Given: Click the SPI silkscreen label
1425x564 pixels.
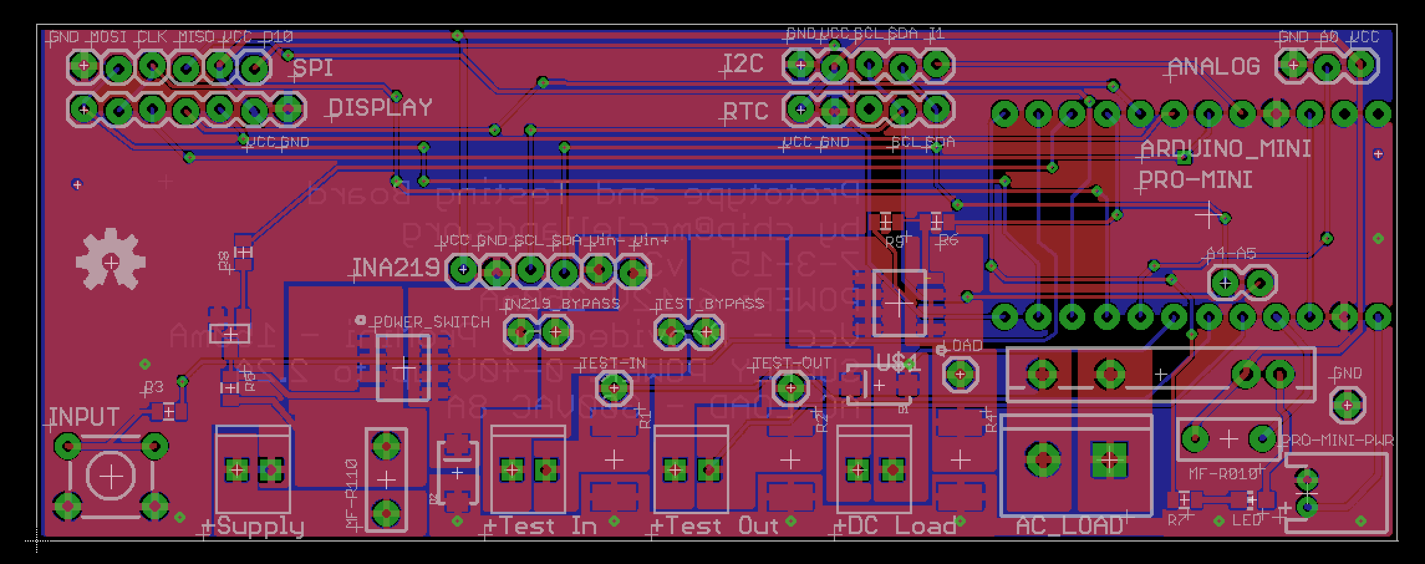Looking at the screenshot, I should coord(312,68).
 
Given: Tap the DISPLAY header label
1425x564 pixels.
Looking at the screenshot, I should coord(380,108).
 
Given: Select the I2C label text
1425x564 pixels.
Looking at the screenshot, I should coord(744,64).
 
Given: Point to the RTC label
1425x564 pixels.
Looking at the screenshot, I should coord(745,111).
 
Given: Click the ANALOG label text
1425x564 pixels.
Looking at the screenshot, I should coord(1213,67).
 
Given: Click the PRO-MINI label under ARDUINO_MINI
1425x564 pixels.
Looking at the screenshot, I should coord(1194,181).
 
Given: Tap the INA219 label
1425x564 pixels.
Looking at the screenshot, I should coord(396,268).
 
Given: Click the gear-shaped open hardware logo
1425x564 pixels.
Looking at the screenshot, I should coord(111,261).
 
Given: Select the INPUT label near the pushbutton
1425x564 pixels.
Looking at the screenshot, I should coord(84,416).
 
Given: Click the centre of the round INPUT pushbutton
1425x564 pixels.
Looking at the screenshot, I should coord(111,477).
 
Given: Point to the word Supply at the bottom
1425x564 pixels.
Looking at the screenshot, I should coord(260,527).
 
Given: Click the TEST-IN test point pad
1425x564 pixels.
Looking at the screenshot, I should coord(614,388).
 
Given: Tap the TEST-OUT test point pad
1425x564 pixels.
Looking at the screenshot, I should coord(790,388).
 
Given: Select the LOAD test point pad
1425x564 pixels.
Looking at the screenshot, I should coord(959,374).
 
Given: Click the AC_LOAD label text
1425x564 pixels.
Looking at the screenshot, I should coord(1069,527).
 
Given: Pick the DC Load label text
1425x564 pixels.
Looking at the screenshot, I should coord(902,527).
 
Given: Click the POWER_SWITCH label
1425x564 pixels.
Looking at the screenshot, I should coord(431,322).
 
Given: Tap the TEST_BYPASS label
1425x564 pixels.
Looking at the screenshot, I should coord(709,304).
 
